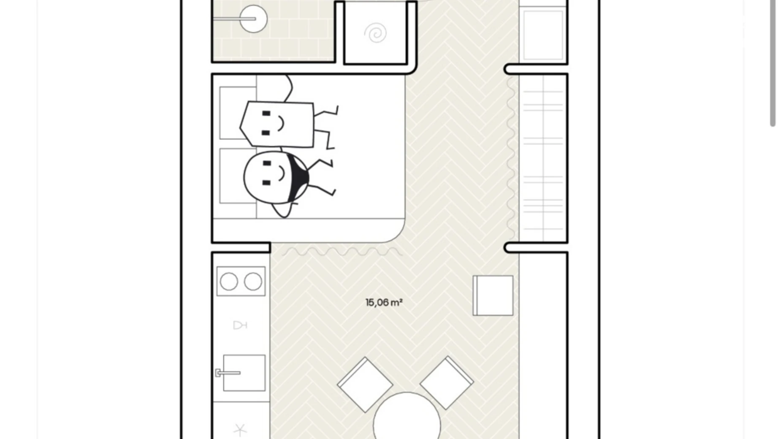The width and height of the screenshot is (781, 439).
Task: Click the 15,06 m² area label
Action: [x=384, y=303]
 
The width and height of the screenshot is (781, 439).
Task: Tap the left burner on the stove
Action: [x=229, y=282]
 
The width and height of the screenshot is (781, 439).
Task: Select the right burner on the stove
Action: [x=253, y=282]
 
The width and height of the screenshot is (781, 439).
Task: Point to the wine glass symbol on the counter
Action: [x=240, y=325]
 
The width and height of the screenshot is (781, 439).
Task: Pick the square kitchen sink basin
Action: [x=244, y=373]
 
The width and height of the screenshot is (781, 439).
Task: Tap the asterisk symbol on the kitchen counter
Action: [x=240, y=430]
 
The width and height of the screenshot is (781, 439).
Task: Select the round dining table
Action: [x=407, y=418]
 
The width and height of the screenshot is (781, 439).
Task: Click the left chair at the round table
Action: [x=365, y=385]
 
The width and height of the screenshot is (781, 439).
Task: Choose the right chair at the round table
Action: [x=447, y=383]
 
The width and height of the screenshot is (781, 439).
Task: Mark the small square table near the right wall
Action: [x=493, y=295]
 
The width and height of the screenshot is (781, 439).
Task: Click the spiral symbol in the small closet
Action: [x=375, y=33]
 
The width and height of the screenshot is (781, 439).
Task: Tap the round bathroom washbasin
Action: [x=253, y=19]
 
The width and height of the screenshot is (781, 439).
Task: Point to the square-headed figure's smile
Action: [x=281, y=123]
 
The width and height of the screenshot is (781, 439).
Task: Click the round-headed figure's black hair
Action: [x=296, y=177]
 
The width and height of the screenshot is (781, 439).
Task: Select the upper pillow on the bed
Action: [x=238, y=113]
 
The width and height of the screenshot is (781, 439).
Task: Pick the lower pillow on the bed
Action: [x=238, y=176]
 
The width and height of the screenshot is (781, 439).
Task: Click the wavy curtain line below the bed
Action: [x=342, y=252]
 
